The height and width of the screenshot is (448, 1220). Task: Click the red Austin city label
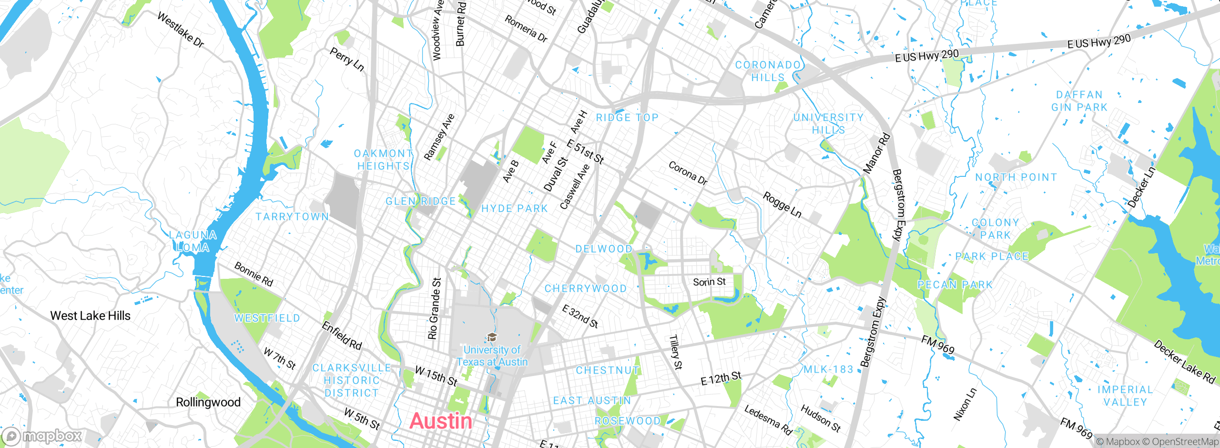[441, 421]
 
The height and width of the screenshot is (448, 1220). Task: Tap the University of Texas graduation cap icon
[492, 337]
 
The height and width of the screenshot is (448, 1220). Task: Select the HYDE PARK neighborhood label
[514, 209]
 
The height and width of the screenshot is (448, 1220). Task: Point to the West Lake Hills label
[90, 316]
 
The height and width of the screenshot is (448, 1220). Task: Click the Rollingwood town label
[208, 402]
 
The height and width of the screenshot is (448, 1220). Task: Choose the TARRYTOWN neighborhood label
[292, 217]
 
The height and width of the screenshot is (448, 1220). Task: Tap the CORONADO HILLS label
[768, 71]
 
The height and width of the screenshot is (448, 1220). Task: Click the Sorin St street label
[709, 282]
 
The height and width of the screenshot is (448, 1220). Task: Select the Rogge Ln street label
[782, 204]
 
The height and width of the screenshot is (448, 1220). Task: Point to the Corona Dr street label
[688, 173]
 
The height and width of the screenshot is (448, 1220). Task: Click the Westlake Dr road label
[181, 30]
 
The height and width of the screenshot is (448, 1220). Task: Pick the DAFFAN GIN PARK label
[1079, 101]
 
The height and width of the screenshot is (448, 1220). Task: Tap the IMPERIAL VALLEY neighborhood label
[1125, 396]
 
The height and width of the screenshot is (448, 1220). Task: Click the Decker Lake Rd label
[1185, 362]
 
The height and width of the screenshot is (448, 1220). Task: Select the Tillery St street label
[676, 352]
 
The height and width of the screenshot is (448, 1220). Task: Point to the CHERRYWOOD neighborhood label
[585, 288]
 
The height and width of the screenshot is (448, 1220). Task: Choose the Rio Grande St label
[434, 309]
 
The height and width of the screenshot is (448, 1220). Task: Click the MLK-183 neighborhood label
[828, 369]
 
